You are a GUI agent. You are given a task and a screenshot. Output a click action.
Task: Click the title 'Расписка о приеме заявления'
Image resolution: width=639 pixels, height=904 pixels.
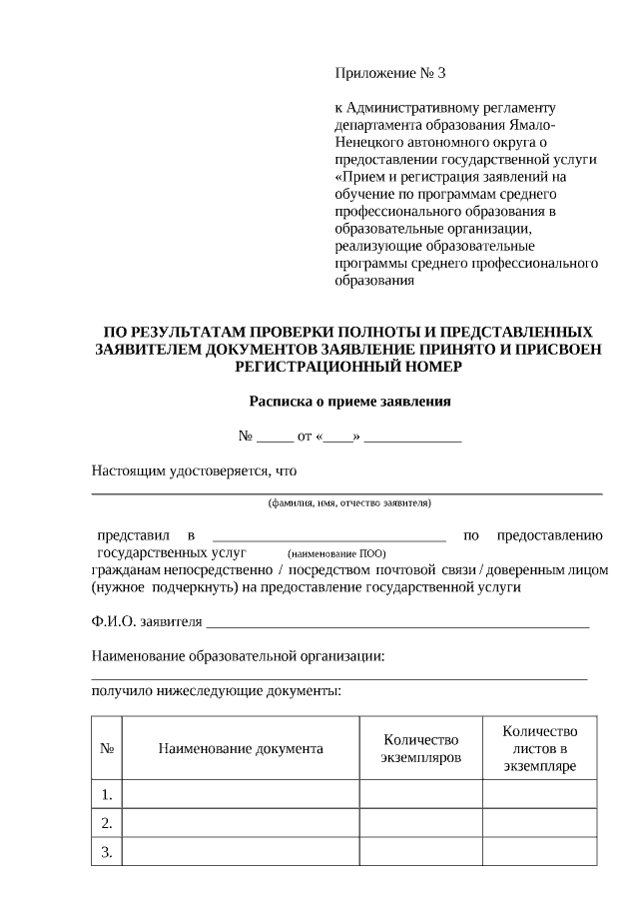[x=349, y=403]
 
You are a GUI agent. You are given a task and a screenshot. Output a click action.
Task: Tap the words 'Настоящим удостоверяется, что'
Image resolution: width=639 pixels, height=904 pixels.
[x=195, y=469]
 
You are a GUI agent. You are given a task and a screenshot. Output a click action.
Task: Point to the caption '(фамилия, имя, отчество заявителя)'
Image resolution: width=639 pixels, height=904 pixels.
[x=348, y=502]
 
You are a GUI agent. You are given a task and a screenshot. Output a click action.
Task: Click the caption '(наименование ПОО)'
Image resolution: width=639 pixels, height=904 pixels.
[x=336, y=552]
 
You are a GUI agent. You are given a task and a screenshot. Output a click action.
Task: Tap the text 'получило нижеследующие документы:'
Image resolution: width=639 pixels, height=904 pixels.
[x=216, y=690]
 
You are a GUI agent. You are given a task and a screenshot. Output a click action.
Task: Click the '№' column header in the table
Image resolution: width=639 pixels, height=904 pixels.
[x=106, y=748]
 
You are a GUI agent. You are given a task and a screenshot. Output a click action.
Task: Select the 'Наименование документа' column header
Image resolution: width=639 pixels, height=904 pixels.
[x=241, y=748]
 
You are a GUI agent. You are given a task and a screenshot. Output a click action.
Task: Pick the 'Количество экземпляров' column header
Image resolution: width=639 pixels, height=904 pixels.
[x=420, y=748]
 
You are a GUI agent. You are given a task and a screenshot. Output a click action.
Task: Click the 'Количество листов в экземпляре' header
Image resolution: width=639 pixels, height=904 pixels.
[x=540, y=748]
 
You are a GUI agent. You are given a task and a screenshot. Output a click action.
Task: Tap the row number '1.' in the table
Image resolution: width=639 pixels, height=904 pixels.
[x=106, y=795]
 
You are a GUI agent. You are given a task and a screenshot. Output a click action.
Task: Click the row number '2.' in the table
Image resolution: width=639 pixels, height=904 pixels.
[x=106, y=823]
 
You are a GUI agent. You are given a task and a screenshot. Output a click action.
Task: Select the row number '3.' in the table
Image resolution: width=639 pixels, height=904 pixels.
[x=106, y=852]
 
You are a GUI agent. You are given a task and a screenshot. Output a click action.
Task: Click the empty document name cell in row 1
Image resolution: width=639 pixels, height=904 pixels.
[x=241, y=795]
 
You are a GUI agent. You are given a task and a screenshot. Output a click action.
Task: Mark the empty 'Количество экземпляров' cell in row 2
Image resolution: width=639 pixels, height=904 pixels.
[x=420, y=823]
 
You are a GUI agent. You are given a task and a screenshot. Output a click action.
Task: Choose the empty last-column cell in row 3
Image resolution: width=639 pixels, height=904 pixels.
[x=540, y=852]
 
